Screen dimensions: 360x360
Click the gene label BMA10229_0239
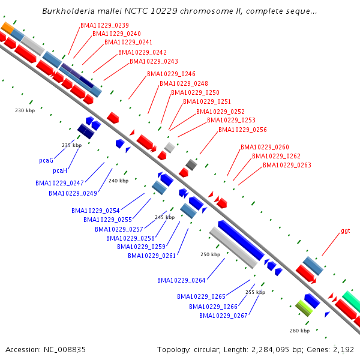[x=104, y=25]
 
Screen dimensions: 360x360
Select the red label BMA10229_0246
[x=171, y=74]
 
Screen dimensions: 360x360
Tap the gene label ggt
[x=346, y=230]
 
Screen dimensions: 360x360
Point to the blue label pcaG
[x=46, y=161]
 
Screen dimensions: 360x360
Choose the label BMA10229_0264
[x=181, y=280]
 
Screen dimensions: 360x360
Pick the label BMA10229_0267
[x=223, y=316]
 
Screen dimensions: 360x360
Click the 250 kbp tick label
[x=211, y=255]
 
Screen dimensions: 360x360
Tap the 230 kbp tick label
[x=25, y=110]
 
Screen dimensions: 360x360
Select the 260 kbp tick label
[x=299, y=331]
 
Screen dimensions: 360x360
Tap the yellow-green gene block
[x=305, y=308]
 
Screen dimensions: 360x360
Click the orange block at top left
[x=8, y=28]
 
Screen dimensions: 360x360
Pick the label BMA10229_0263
[x=287, y=165]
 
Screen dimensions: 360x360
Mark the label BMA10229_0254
[x=95, y=211]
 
